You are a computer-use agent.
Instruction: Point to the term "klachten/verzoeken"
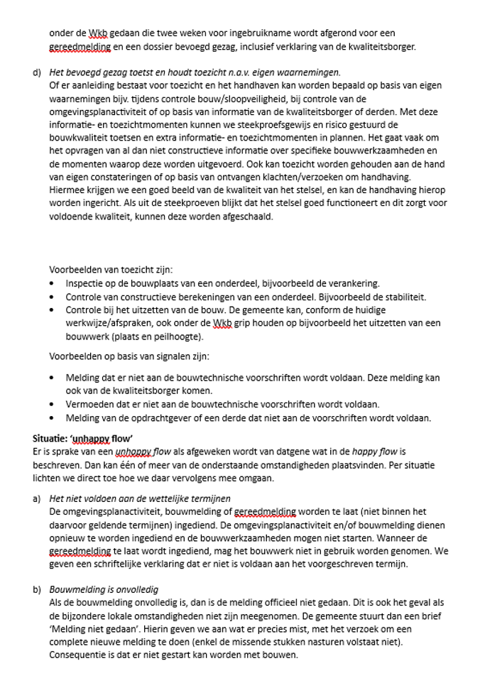(279, 177)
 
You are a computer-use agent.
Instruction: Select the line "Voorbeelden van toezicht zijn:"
(110, 270)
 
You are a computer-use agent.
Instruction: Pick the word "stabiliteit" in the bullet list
(401, 297)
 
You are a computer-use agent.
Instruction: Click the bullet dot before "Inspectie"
(52, 283)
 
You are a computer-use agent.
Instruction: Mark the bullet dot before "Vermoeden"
(52, 404)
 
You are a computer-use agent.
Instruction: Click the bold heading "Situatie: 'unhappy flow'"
(82, 438)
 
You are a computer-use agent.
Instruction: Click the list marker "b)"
(37, 589)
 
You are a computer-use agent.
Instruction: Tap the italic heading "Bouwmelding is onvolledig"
(104, 589)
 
